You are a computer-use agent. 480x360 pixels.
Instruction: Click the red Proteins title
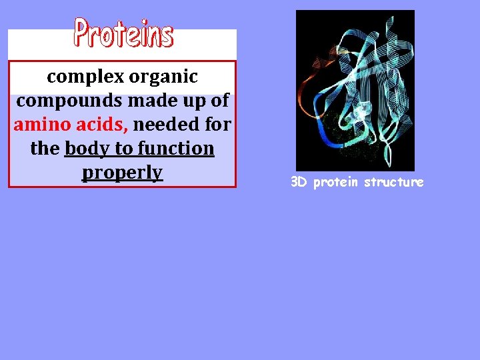123,33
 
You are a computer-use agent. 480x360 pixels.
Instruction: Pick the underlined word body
87,149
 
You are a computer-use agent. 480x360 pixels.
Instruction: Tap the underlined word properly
123,173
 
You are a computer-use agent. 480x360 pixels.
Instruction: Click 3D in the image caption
299,182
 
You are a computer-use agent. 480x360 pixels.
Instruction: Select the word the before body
45,149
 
